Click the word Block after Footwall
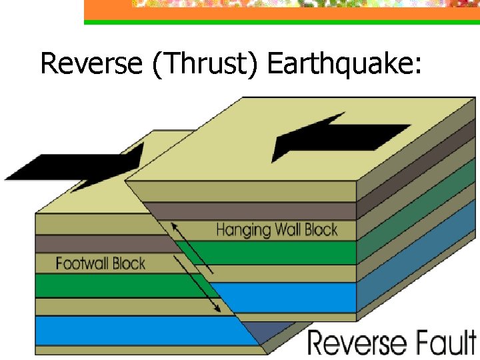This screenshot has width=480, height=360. [129, 263]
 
